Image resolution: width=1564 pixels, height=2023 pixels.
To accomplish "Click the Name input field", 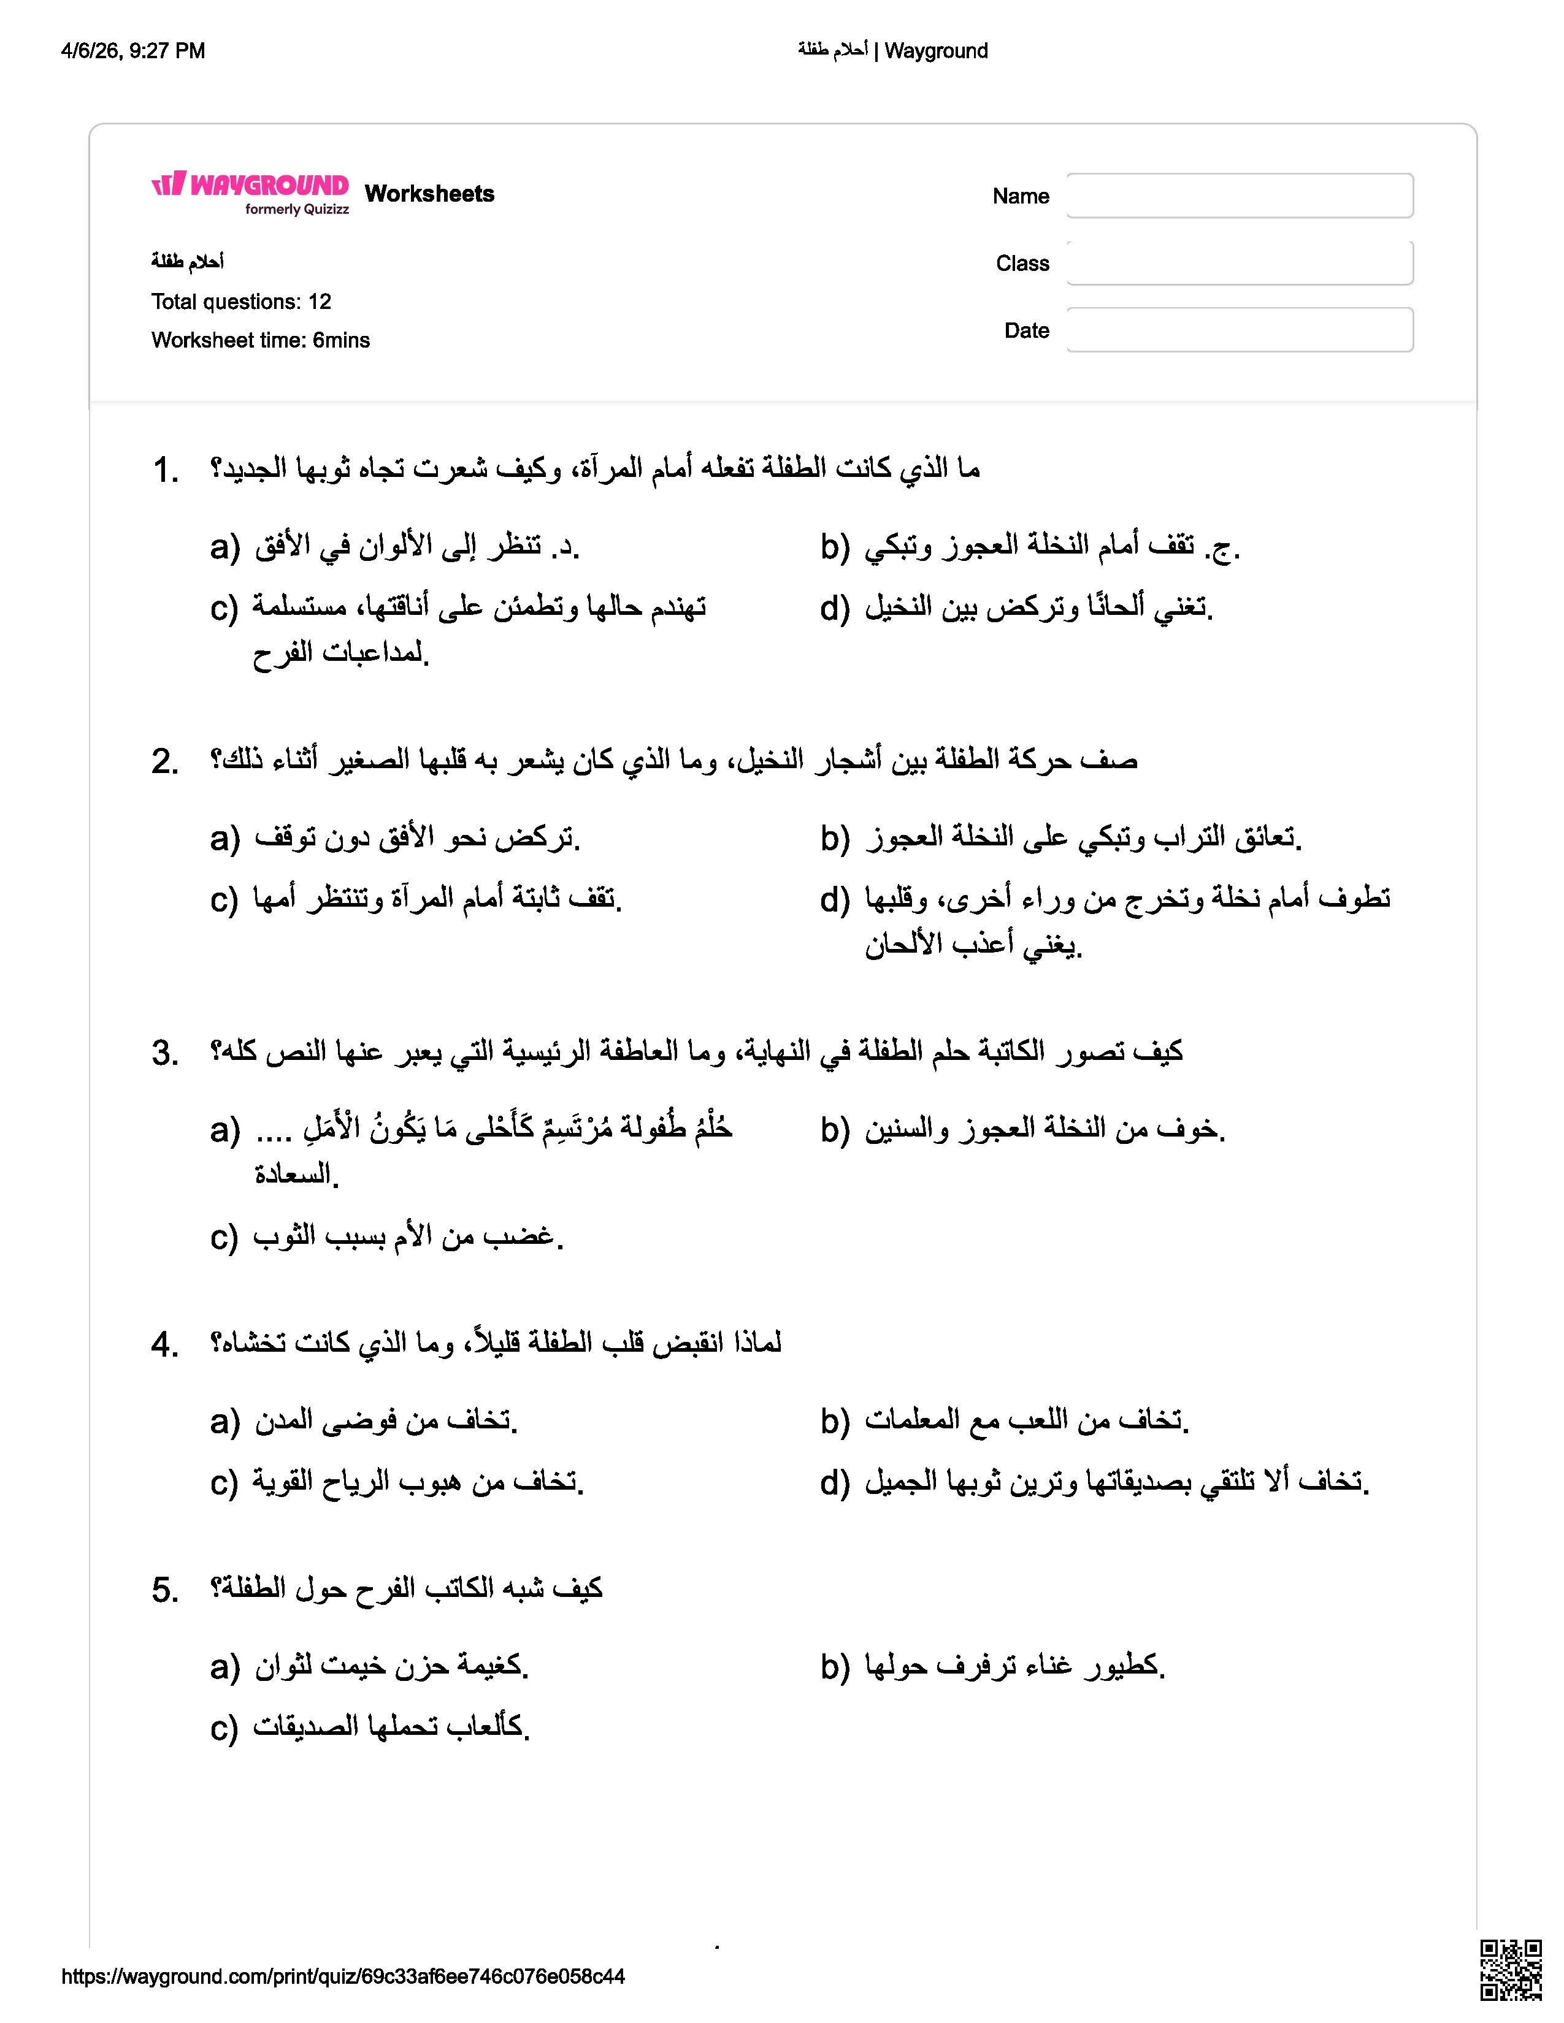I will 1239,196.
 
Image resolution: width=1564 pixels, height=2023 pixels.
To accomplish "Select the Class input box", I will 1239,263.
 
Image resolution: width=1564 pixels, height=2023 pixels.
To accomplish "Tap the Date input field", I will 1239,330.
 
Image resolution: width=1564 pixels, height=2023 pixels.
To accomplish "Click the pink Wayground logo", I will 250,185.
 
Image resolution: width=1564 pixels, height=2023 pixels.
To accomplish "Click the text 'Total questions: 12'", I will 241,302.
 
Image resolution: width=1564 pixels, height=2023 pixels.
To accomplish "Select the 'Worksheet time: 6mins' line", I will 260,340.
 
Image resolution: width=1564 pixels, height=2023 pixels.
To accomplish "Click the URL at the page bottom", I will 343,1976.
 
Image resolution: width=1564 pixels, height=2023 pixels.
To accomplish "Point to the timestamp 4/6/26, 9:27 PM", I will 132,51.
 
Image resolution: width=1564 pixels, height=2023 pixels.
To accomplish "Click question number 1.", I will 165,471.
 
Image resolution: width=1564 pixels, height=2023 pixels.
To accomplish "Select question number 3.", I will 165,1053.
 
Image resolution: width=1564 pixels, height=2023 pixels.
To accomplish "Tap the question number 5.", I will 165,1590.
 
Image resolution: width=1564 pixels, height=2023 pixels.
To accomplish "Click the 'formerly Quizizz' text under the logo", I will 296,209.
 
